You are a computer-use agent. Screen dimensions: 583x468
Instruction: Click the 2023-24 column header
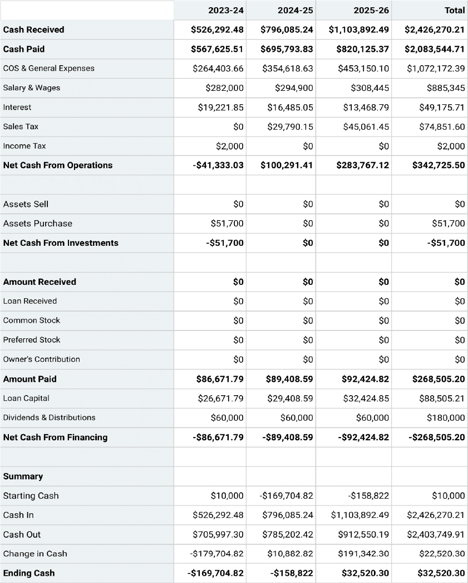click(x=225, y=10)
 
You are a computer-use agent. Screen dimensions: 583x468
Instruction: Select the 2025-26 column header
click(x=371, y=10)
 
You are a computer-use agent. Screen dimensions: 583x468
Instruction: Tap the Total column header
click(x=454, y=10)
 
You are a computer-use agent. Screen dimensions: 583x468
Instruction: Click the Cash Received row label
click(x=33, y=30)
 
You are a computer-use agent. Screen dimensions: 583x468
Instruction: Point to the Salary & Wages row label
click(x=32, y=88)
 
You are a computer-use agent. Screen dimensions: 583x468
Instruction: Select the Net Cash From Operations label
click(x=58, y=165)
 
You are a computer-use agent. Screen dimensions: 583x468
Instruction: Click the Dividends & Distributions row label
click(x=49, y=417)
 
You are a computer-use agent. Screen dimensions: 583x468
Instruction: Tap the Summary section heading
click(x=23, y=476)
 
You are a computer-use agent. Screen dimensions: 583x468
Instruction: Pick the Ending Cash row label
click(x=29, y=573)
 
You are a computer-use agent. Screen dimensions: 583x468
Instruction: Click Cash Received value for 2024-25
click(x=287, y=30)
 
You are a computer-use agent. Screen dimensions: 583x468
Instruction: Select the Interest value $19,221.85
click(x=221, y=107)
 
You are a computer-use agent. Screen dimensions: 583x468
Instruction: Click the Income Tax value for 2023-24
click(x=229, y=146)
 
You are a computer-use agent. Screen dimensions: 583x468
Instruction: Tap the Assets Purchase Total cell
click(x=448, y=224)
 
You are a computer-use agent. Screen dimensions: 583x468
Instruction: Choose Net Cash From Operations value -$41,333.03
click(x=218, y=165)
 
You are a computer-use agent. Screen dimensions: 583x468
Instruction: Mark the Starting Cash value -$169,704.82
click(x=287, y=495)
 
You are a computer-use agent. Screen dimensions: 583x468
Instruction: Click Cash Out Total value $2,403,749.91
click(x=436, y=534)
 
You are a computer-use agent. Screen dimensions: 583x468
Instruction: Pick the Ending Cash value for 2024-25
click(x=292, y=573)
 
